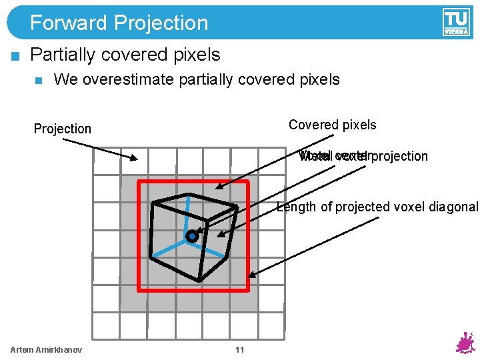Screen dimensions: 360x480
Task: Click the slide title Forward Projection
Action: [119, 23]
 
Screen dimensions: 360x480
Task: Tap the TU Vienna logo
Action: [455, 22]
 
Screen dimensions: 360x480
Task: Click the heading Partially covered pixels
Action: [125, 54]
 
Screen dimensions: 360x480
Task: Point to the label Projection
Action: [63, 129]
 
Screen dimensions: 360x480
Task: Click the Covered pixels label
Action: [332, 125]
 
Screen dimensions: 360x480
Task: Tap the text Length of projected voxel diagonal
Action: [377, 207]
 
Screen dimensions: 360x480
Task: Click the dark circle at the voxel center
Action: [192, 236]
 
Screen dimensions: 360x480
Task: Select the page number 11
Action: [240, 350]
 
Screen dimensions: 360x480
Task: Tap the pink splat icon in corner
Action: [465, 343]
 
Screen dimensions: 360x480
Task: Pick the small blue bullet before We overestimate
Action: [38, 81]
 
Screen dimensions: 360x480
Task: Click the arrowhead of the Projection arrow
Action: [135, 159]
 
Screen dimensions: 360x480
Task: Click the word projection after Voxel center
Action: [399, 156]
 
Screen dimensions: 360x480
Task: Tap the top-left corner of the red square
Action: [139, 181]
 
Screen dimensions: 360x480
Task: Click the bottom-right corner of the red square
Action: [248, 290]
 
